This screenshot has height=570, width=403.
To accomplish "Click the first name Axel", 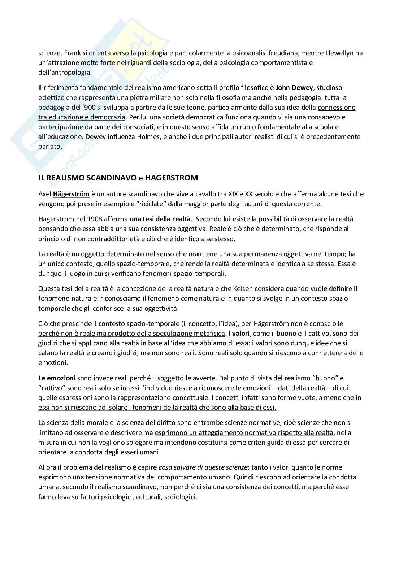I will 45,194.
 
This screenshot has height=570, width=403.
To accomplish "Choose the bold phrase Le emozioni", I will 57,378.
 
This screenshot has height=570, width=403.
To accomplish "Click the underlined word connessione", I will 337,108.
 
